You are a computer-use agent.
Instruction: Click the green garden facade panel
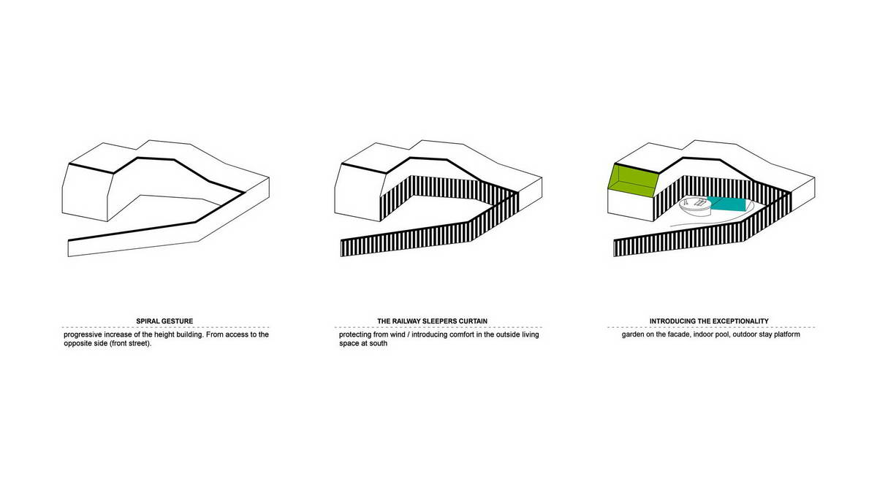click(634, 180)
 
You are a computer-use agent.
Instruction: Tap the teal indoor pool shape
click(727, 204)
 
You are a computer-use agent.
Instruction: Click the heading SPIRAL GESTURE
click(164, 321)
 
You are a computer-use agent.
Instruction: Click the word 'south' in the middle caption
click(379, 343)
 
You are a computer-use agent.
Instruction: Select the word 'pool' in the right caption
click(722, 334)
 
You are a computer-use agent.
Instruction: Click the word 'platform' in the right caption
click(786, 335)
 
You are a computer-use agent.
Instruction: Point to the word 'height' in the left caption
click(163, 335)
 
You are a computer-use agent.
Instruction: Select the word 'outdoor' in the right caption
click(745, 334)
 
